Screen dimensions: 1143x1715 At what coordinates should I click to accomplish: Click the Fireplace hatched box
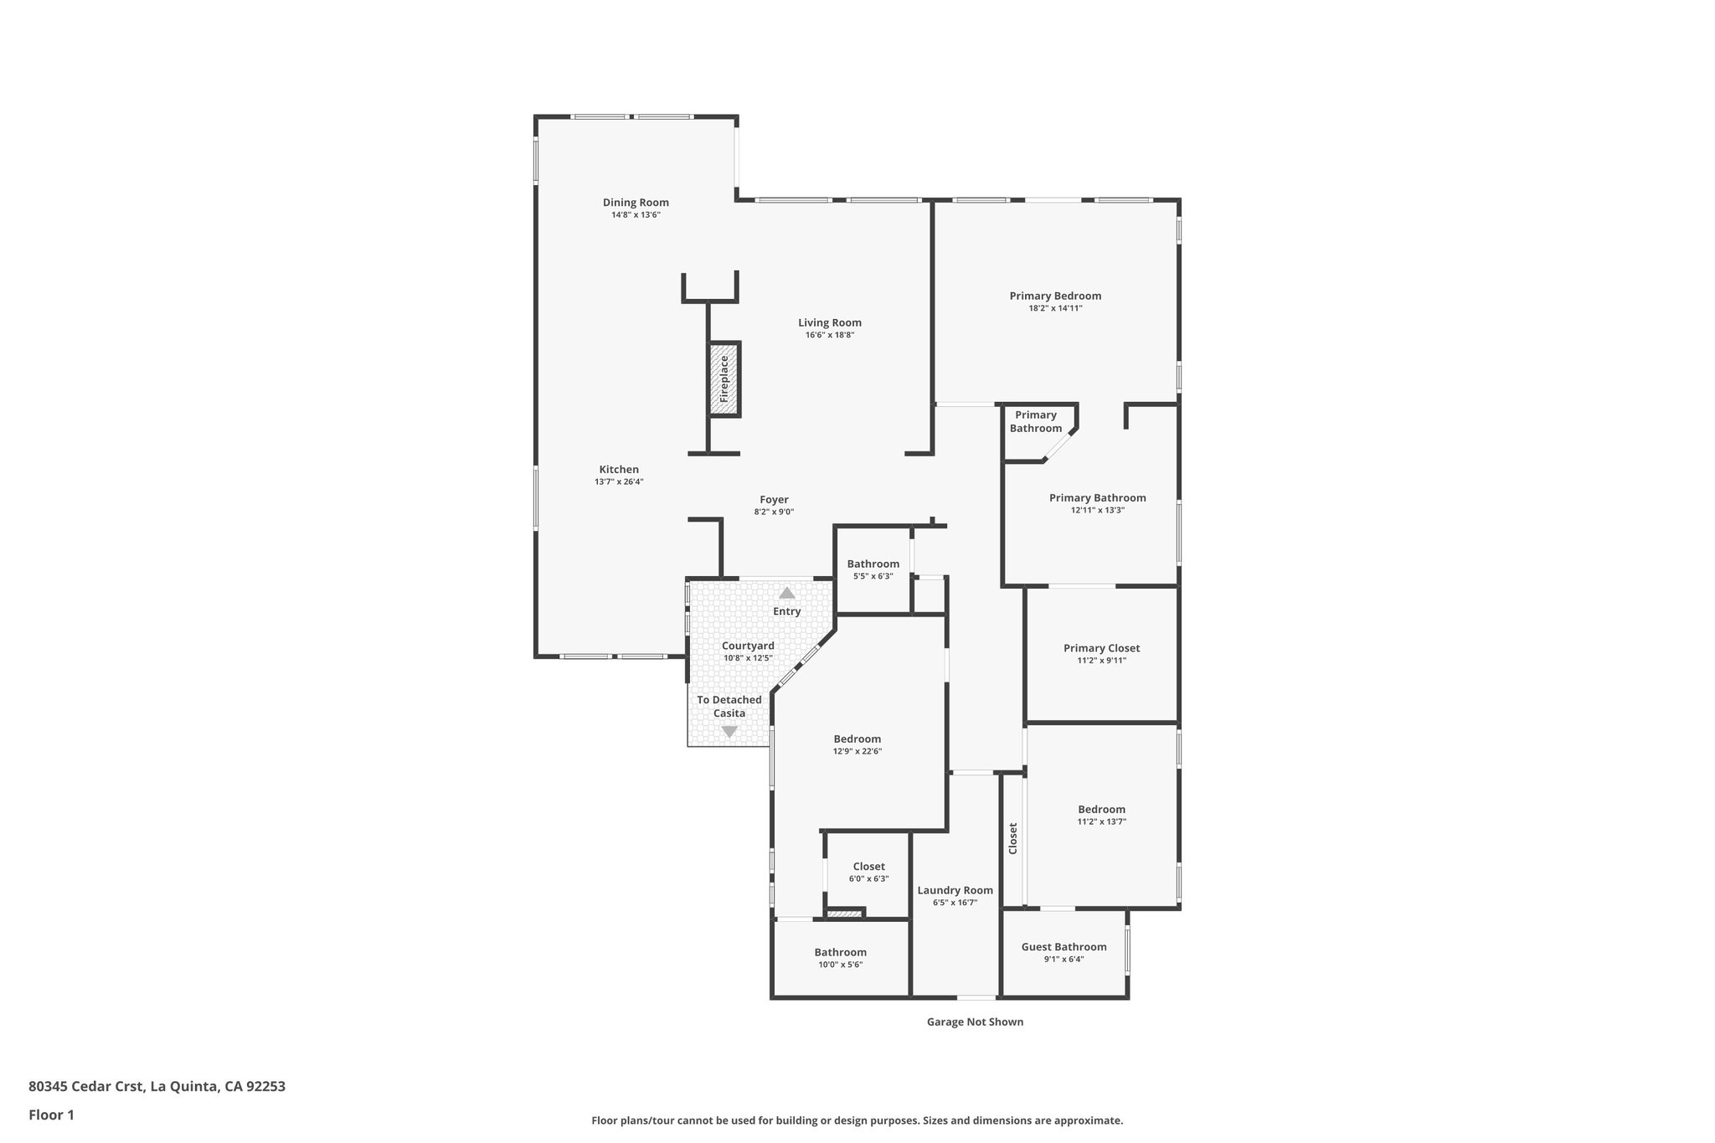[x=724, y=379]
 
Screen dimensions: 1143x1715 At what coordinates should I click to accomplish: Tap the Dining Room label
[x=636, y=203]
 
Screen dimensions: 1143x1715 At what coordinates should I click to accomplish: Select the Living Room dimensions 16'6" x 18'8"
[x=829, y=335]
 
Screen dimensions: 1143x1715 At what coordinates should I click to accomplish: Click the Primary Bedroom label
[x=1055, y=296]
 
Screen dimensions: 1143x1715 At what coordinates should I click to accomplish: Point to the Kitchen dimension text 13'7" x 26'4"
[x=619, y=481]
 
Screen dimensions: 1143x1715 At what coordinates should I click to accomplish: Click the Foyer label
[x=774, y=500]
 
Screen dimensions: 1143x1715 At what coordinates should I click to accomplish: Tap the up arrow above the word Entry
[x=787, y=593]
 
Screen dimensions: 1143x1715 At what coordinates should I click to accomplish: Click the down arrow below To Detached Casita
[x=729, y=732]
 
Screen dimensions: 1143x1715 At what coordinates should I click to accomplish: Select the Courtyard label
[x=748, y=646]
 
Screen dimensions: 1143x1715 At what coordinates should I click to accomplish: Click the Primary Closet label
[x=1101, y=648]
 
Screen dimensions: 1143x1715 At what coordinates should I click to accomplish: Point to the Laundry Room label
[x=955, y=890]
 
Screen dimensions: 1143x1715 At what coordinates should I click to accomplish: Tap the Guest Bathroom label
[x=1064, y=947]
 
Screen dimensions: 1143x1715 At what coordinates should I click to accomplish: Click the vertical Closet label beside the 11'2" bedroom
[x=1013, y=837]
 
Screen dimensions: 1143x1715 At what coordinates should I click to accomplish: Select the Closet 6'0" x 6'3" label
[x=868, y=867]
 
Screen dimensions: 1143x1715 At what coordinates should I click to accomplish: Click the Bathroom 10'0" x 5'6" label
[x=840, y=952]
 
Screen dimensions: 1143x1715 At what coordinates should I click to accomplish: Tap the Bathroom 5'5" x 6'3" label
[x=873, y=564]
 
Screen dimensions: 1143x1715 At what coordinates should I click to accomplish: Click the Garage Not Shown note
[x=975, y=1022]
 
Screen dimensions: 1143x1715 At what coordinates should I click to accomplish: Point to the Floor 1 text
[x=52, y=1115]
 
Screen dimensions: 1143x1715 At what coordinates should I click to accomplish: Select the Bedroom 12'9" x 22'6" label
[x=857, y=739]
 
